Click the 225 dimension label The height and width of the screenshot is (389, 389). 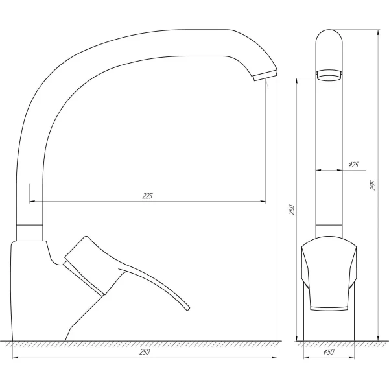[148, 196]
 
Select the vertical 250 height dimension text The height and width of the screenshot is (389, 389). [292, 209]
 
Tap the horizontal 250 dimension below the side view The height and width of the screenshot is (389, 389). [145, 352]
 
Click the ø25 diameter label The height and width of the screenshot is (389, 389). [353, 165]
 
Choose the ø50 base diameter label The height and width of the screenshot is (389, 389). [329, 352]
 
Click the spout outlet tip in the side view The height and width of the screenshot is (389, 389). [264, 76]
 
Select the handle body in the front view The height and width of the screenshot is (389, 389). [329, 272]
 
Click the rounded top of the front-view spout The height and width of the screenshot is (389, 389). [329, 36]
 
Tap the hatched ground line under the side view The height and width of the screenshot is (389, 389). [143, 343]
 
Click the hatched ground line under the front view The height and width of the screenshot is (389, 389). [329, 343]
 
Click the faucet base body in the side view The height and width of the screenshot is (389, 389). [29, 285]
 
